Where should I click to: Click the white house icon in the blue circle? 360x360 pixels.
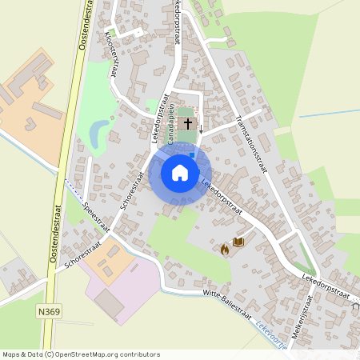[x=180, y=172]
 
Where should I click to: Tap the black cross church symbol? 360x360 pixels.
[x=189, y=124]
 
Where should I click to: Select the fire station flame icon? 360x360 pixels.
[x=225, y=250]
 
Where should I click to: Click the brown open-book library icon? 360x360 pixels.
[x=238, y=242]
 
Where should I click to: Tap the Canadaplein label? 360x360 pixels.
[x=170, y=128]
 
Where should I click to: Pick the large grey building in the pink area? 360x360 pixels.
[x=109, y=302]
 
